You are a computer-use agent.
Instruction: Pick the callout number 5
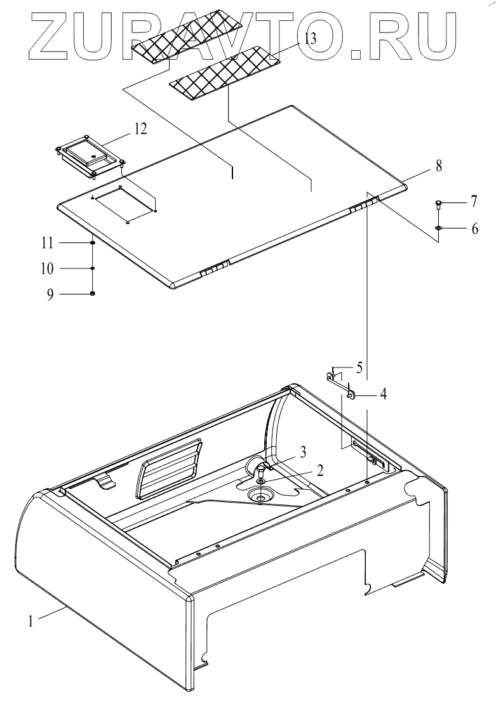[x=359, y=367]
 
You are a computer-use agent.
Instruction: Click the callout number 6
[x=475, y=228]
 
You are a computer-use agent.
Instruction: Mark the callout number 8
[x=439, y=166]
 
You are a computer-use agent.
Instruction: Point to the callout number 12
[x=140, y=129]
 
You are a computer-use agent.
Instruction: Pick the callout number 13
[x=310, y=39]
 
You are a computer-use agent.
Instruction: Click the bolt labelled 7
[x=439, y=204]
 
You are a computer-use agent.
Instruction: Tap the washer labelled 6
[x=439, y=227]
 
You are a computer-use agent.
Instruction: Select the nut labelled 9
[x=93, y=294]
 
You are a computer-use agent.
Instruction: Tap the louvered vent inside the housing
[x=169, y=469]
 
